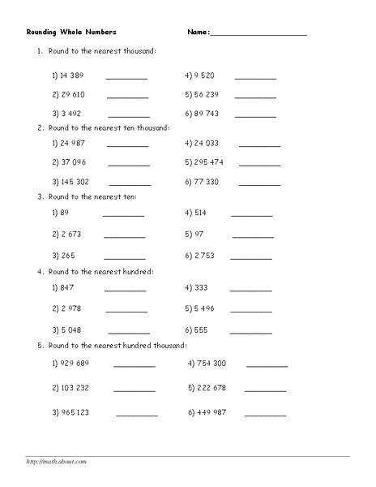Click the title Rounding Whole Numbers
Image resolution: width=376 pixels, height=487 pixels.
(x=70, y=32)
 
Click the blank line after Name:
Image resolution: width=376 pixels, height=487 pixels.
(x=258, y=35)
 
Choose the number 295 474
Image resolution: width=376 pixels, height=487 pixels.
(x=208, y=162)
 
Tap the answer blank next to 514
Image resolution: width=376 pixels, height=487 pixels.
(x=252, y=217)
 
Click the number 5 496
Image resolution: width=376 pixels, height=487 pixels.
(x=203, y=308)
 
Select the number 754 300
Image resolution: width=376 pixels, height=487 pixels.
(x=211, y=363)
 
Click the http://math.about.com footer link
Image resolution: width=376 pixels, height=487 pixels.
(x=56, y=462)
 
